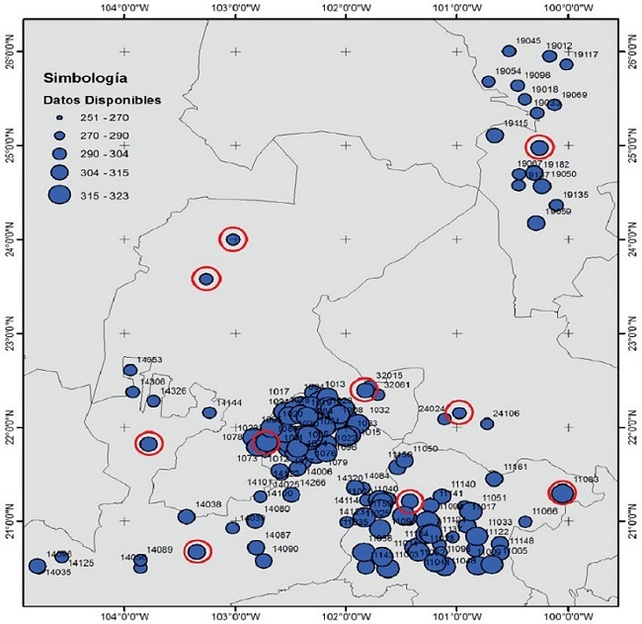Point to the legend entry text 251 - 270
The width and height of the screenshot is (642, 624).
[106, 117]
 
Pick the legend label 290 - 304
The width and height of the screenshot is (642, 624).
[106, 153]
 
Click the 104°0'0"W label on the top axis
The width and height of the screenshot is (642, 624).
[125, 7]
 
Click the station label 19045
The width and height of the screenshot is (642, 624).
[528, 41]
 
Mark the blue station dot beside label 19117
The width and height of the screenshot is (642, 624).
[566, 64]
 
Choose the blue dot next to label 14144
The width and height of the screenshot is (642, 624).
[209, 412]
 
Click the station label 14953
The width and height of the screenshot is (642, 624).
[149, 360]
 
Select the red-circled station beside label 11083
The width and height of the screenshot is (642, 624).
[562, 492]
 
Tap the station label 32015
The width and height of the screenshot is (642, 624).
[390, 376]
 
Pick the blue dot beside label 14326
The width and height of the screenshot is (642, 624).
[153, 401]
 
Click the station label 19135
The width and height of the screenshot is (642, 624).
[576, 195]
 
